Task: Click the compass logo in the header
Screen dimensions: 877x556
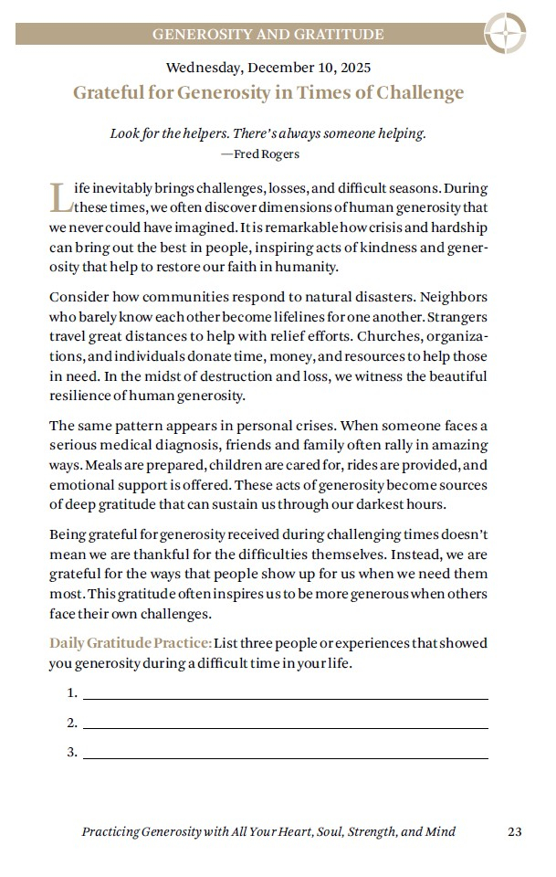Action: [503, 34]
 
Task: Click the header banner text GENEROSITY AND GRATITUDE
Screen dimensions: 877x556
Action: [268, 35]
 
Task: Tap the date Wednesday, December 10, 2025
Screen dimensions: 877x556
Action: [268, 67]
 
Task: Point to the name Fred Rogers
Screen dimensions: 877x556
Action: [267, 153]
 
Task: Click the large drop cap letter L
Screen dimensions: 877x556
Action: [59, 196]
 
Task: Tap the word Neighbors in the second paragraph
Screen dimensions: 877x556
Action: [446, 299]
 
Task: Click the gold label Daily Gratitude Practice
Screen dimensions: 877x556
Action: [131, 643]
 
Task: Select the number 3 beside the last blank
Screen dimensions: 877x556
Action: [71, 753]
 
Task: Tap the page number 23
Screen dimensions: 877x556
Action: [514, 831]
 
